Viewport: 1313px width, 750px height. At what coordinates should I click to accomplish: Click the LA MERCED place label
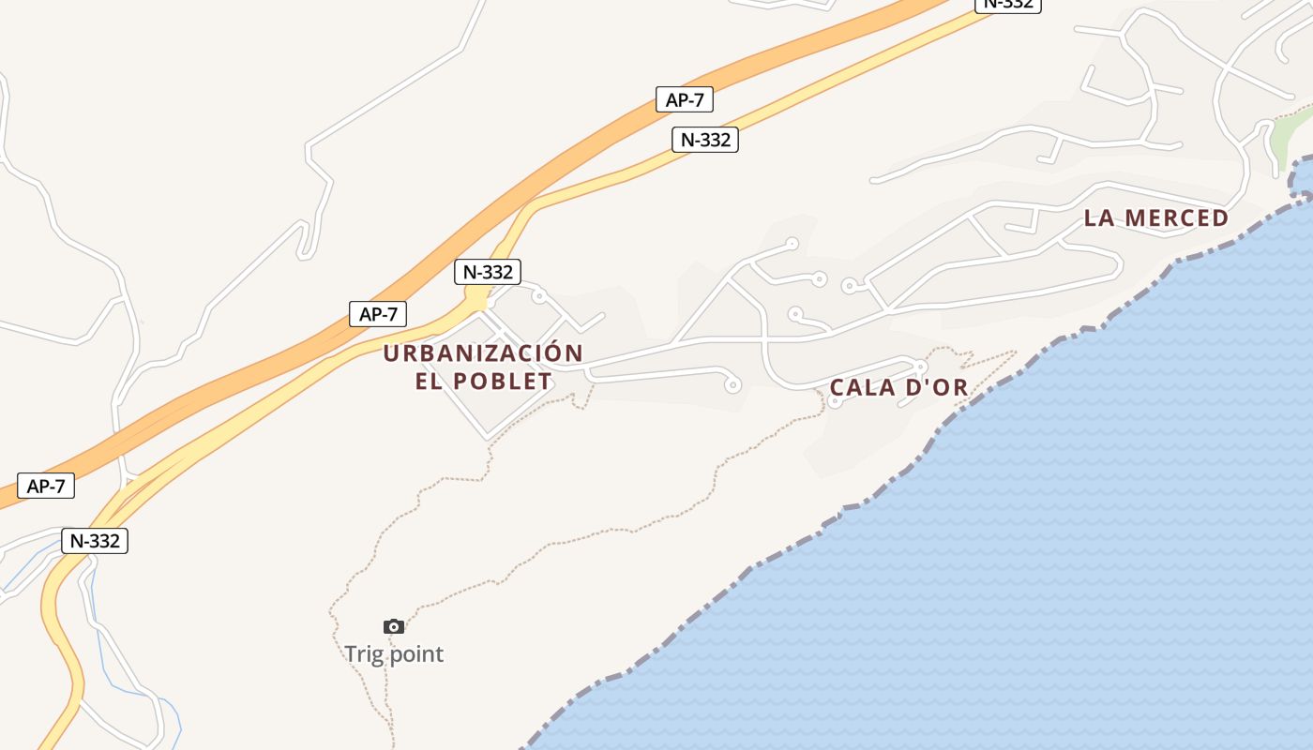tap(1155, 218)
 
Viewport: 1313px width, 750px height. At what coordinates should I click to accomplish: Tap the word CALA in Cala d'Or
tap(860, 387)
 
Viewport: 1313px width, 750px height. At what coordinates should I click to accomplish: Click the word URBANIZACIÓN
tap(483, 353)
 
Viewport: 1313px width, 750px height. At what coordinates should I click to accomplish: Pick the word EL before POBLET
tap(429, 382)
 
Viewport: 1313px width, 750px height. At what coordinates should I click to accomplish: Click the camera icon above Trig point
tap(394, 626)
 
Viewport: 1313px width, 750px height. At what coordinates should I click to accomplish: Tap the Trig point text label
tap(394, 654)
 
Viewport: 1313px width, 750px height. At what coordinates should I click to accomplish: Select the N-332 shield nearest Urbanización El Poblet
tap(488, 272)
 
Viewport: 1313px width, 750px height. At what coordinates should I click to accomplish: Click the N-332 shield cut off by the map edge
tap(1008, 4)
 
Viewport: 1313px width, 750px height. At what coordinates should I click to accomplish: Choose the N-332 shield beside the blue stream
tap(95, 541)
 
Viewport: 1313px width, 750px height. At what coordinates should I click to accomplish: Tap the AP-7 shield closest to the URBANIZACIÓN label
tap(378, 314)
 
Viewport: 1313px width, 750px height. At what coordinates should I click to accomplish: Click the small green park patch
tap(1281, 141)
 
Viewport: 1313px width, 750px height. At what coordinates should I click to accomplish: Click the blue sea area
tap(1032, 562)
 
